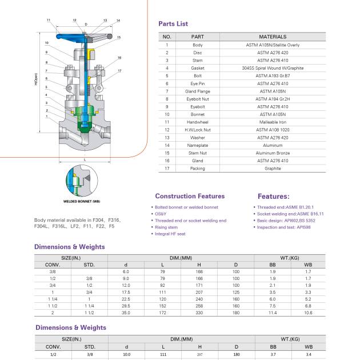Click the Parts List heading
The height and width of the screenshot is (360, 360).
tap(173, 24)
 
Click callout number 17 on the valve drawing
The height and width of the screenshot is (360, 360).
tap(119, 71)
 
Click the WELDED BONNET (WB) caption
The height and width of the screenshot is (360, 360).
tap(81, 202)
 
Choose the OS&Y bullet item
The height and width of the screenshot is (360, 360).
tap(161, 214)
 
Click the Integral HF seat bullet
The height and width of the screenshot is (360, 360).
tap(170, 234)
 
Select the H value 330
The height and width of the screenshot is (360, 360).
tap(199, 313)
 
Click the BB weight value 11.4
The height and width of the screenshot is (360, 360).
tap(273, 313)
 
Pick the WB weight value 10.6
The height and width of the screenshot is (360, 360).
tap(308, 313)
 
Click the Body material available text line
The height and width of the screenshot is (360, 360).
tap(77, 220)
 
